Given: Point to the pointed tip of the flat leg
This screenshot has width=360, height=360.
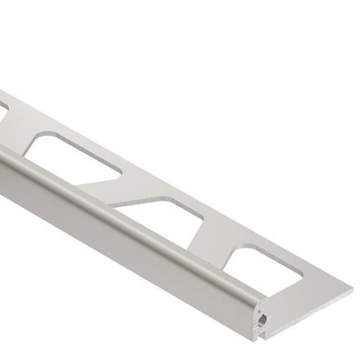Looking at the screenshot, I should [352, 288].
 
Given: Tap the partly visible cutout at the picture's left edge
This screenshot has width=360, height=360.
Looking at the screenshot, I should [3, 107].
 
